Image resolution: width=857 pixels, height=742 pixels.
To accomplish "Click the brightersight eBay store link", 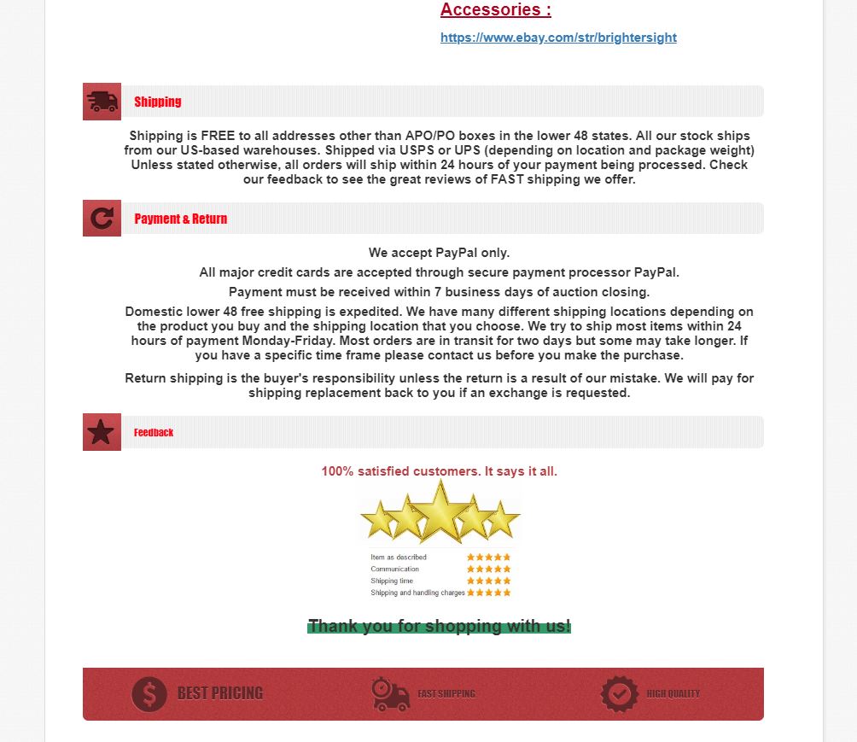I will (x=558, y=38).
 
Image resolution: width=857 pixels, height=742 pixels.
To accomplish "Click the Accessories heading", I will (x=495, y=10).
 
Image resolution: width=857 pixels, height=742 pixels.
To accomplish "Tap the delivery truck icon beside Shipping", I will (x=102, y=102).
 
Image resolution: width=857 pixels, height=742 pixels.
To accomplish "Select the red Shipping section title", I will (x=158, y=102).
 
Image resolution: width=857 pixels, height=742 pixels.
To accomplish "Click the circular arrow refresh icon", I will (x=102, y=219).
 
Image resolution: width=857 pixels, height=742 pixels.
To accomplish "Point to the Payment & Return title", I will (x=181, y=219).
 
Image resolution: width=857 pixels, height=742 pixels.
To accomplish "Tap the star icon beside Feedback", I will (x=102, y=432).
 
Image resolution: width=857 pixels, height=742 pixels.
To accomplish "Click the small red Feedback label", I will (x=154, y=433).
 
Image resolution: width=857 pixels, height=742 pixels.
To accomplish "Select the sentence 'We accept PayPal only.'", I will (x=439, y=253).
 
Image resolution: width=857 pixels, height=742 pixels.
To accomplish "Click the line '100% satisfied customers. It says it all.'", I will (x=439, y=471).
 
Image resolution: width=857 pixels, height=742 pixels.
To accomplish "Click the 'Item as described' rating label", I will (x=399, y=558).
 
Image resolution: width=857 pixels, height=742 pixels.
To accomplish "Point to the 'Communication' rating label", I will (x=395, y=569).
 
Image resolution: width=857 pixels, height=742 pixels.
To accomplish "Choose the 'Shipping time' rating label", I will (x=392, y=581).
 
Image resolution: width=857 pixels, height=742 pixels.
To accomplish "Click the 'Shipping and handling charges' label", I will (x=417, y=593).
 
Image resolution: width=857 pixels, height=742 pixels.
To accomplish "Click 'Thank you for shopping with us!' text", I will (x=439, y=626).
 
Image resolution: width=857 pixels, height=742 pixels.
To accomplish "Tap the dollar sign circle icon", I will (x=149, y=693).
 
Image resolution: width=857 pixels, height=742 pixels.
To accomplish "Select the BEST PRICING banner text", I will (x=220, y=693).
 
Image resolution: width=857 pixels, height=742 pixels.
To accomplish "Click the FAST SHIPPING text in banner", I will (x=446, y=694).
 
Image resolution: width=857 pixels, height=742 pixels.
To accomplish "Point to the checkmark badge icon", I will (x=619, y=693).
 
